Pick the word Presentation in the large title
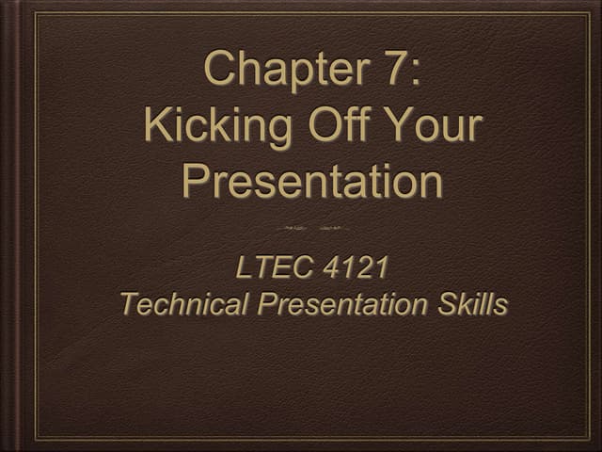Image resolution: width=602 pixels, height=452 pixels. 311,181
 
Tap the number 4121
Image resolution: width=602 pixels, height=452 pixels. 354,269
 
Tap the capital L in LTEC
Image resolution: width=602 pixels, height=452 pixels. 243,269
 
